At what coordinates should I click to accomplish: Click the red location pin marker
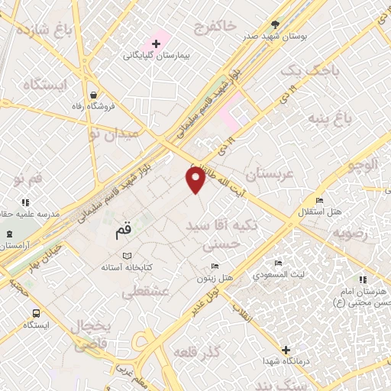[x=195, y=179]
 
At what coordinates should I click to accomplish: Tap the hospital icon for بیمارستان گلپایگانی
[x=157, y=44]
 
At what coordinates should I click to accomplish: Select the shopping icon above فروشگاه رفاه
[x=92, y=95]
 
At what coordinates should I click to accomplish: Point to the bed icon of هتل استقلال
[x=319, y=200]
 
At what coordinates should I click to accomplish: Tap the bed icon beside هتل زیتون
[x=215, y=267]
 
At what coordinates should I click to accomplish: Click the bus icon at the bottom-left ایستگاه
[x=37, y=312]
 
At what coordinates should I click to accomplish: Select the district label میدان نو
[x=115, y=134]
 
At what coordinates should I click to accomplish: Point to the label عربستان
[x=267, y=174]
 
